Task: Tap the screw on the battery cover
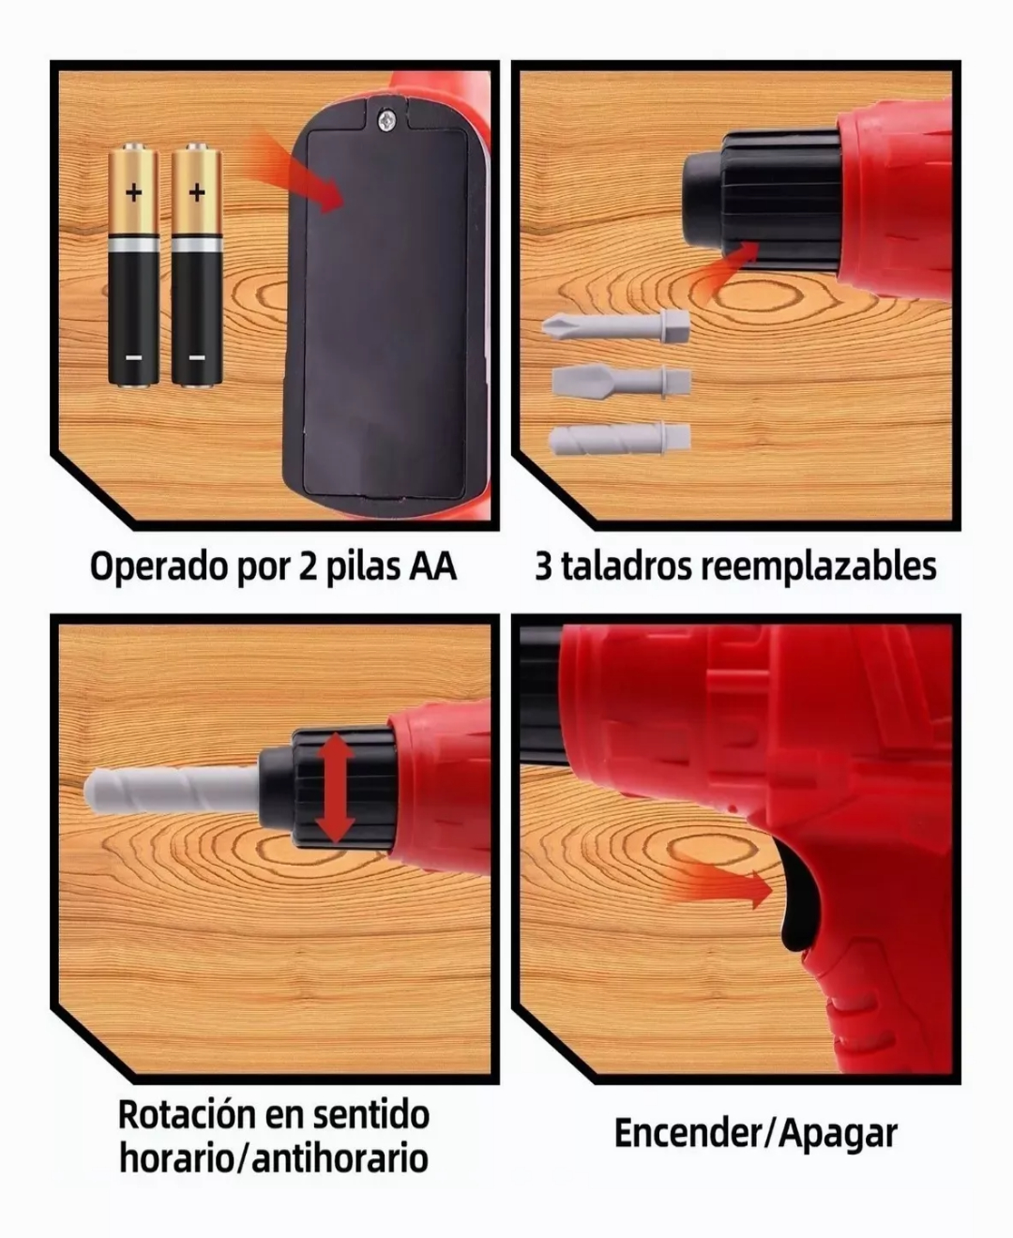pyautogui.click(x=386, y=120)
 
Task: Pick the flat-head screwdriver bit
pyautogui.click(x=620, y=381)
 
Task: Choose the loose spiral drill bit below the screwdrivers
pyautogui.click(x=618, y=438)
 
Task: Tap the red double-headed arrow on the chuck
pyautogui.click(x=334, y=788)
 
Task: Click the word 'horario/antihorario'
pyautogui.click(x=273, y=1158)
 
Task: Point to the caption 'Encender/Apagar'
pyautogui.click(x=755, y=1133)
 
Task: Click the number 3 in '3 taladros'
pyautogui.click(x=543, y=566)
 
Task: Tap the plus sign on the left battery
pyautogui.click(x=134, y=193)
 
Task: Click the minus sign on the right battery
pyautogui.click(x=196, y=357)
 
